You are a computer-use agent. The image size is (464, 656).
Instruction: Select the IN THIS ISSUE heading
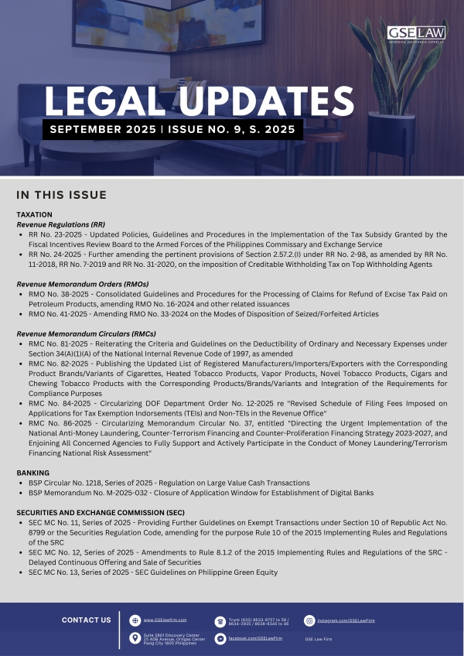tap(61, 194)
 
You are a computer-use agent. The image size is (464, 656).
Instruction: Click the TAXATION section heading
tap(34, 214)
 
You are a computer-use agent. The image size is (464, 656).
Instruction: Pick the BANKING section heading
tap(32, 472)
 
